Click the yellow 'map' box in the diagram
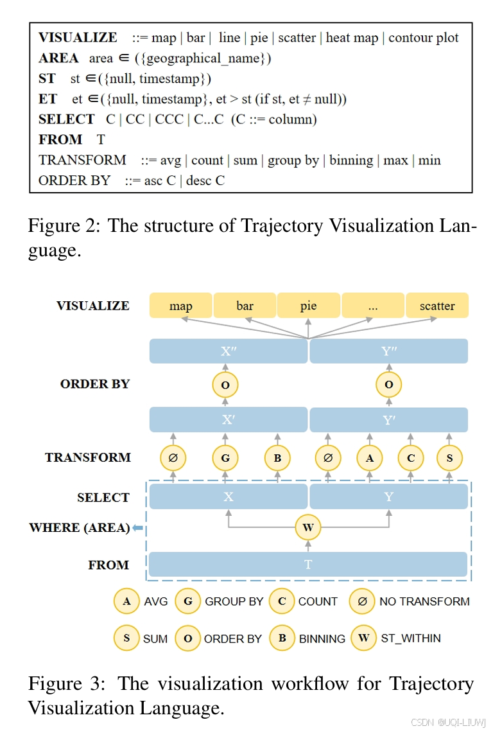pos(180,306)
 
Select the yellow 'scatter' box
pos(437,306)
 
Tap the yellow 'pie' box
pos(308,306)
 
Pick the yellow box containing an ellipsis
pos(372,306)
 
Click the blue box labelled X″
pos(229,351)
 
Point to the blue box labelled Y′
pos(389,420)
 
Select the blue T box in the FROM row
pos(308,564)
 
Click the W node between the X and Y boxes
pos(308,528)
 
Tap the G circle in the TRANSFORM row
pos(225,458)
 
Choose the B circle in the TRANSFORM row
pos(277,458)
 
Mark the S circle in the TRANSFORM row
pos(449,458)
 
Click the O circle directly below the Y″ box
pos(389,385)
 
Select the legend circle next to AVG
pos(126,601)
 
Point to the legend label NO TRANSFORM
pos(424,601)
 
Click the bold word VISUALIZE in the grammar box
pos(78,38)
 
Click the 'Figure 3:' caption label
pos(66,683)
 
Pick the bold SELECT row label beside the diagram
pos(103,497)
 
